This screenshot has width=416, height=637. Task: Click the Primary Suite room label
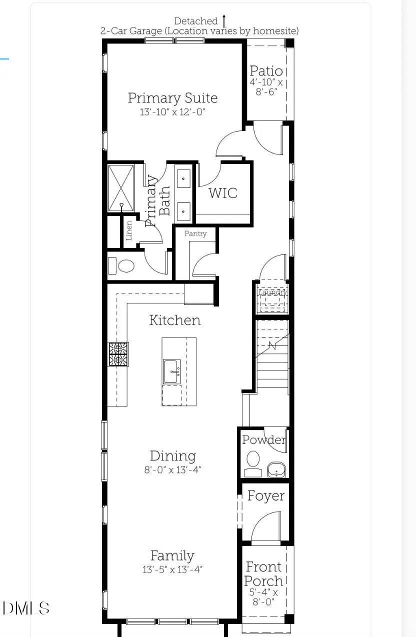tap(172, 97)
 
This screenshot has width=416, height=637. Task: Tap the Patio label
tap(266, 71)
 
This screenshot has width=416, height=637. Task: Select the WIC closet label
tap(222, 192)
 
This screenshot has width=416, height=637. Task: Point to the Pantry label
tap(195, 233)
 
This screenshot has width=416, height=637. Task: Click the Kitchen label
tap(174, 320)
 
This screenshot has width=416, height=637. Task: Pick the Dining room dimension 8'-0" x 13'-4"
tap(172, 469)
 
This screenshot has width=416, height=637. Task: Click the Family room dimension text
tap(172, 569)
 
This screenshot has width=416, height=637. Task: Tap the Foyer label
tap(265, 496)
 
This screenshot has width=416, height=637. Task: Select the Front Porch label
tap(263, 574)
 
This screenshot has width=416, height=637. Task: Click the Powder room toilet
tap(253, 459)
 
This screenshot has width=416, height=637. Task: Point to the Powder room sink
tap(276, 469)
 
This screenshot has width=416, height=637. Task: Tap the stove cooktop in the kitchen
tap(118, 354)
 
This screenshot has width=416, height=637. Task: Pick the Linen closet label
tap(129, 230)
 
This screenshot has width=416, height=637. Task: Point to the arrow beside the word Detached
tap(224, 20)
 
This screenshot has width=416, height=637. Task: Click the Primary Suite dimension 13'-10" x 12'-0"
tap(172, 112)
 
